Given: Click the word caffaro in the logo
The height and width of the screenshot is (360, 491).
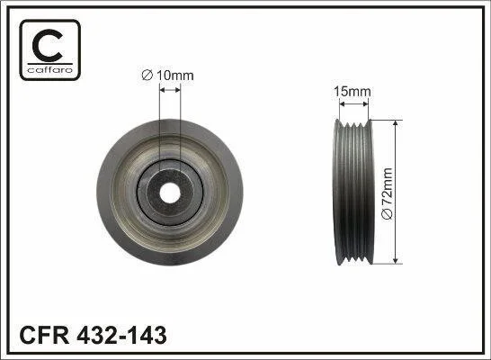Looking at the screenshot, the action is point(50,69).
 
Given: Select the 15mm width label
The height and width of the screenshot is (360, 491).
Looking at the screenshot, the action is point(353,92).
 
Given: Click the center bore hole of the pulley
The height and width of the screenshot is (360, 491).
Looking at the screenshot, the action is point(170,193).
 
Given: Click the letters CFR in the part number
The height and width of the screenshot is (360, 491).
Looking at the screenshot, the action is point(44,335).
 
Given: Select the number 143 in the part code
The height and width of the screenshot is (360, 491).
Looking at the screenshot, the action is point(147,335).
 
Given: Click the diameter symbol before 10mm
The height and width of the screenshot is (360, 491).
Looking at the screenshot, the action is point(147,76).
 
